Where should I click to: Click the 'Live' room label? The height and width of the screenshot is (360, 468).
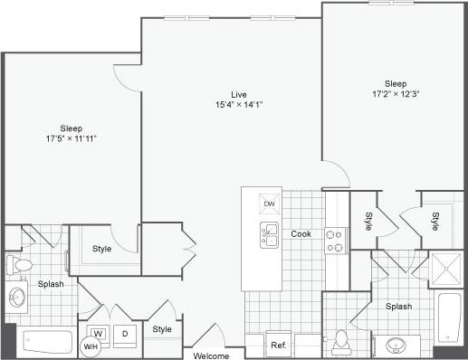(239, 93)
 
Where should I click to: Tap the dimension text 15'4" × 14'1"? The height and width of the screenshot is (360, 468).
(238, 105)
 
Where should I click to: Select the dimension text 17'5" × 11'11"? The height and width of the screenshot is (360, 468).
(72, 138)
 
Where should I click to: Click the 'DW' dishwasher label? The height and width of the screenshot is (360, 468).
(269, 204)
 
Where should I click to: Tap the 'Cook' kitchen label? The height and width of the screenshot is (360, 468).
(301, 234)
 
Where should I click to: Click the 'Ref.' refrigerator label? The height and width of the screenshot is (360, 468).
(277, 346)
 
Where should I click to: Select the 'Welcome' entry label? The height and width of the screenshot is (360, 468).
(212, 355)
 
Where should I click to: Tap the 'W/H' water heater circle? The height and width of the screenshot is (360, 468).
(91, 347)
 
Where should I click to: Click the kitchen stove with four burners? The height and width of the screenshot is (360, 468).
(337, 240)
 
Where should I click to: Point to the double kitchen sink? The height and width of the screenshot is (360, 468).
(270, 236)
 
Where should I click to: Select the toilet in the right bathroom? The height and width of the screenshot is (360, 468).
(342, 339)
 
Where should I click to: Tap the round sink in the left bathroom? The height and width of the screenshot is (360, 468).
(16, 297)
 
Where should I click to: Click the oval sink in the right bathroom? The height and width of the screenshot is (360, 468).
(396, 345)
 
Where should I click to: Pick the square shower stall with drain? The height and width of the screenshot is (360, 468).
(445, 268)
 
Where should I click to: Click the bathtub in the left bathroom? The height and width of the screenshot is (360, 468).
(46, 342)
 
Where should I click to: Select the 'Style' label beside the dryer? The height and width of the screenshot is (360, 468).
(162, 329)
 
